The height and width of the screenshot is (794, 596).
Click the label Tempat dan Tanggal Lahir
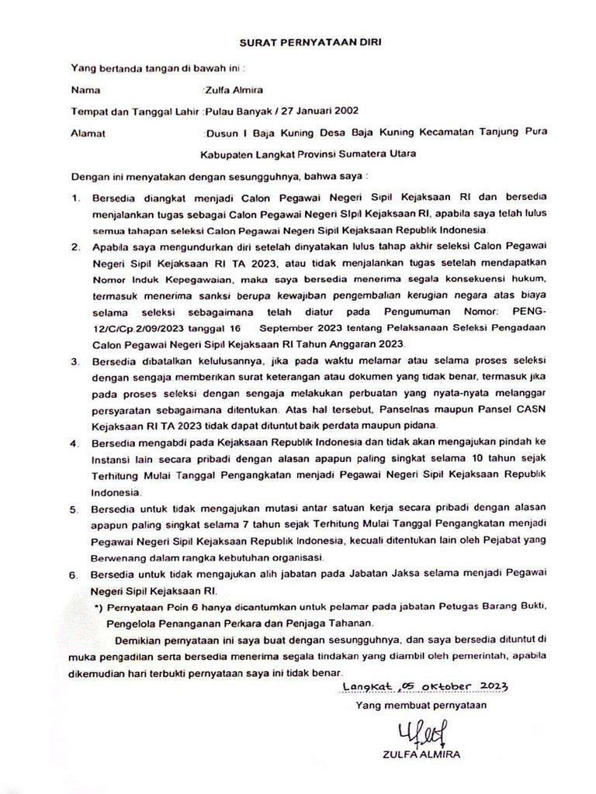pyautogui.click(x=137, y=110)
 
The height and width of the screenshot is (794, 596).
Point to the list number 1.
pyautogui.click(x=77, y=198)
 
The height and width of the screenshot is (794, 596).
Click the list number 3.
pyautogui.click(x=77, y=361)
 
